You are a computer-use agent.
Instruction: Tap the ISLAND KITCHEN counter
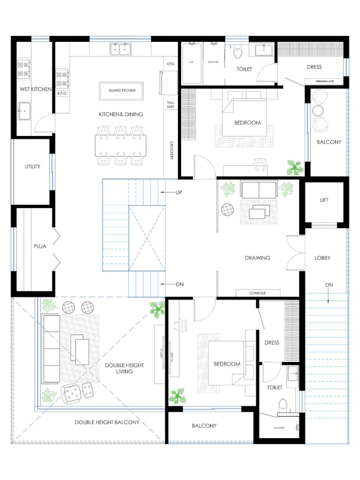(122, 90)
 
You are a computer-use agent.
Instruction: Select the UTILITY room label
(32, 167)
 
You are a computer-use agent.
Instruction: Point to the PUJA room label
(40, 246)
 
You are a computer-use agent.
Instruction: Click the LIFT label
(325, 201)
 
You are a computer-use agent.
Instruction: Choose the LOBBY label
(322, 258)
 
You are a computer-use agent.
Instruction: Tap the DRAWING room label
(257, 258)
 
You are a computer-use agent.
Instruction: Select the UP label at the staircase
(179, 193)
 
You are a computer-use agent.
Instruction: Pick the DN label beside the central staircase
(179, 285)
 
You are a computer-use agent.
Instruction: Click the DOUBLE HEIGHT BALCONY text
(107, 422)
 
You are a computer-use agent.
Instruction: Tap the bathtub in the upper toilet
(192, 62)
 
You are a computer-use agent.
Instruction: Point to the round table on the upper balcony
(318, 111)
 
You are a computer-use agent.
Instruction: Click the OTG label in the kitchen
(170, 64)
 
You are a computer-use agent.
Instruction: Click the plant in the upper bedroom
(294, 168)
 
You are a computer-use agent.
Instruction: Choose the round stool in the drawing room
(227, 210)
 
